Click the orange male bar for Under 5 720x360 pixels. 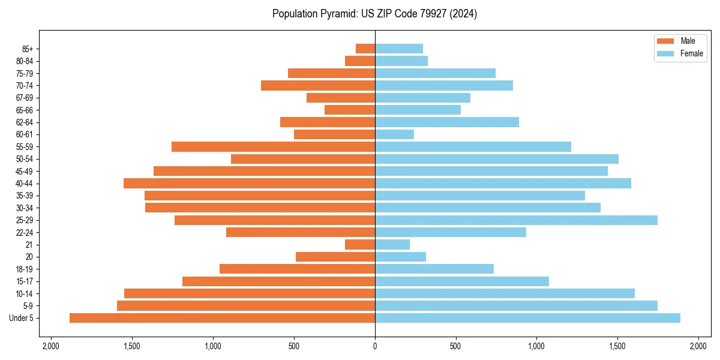[222, 318]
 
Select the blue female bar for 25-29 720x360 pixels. [516, 220]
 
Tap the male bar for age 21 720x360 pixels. [360, 245]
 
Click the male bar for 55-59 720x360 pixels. [273, 147]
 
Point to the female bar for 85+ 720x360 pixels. [399, 49]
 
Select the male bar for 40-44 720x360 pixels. [249, 184]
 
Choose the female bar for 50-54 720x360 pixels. [497, 159]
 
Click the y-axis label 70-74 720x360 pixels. [29, 86]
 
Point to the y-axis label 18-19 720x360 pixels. [29, 269]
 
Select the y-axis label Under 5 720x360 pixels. [25, 318]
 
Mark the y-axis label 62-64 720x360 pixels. [29, 122]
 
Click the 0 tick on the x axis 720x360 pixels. [375, 346]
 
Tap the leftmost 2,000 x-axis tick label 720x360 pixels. [51, 346]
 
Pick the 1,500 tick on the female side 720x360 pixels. [617, 346]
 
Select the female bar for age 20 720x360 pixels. [400, 257]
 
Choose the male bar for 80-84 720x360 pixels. [360, 61]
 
